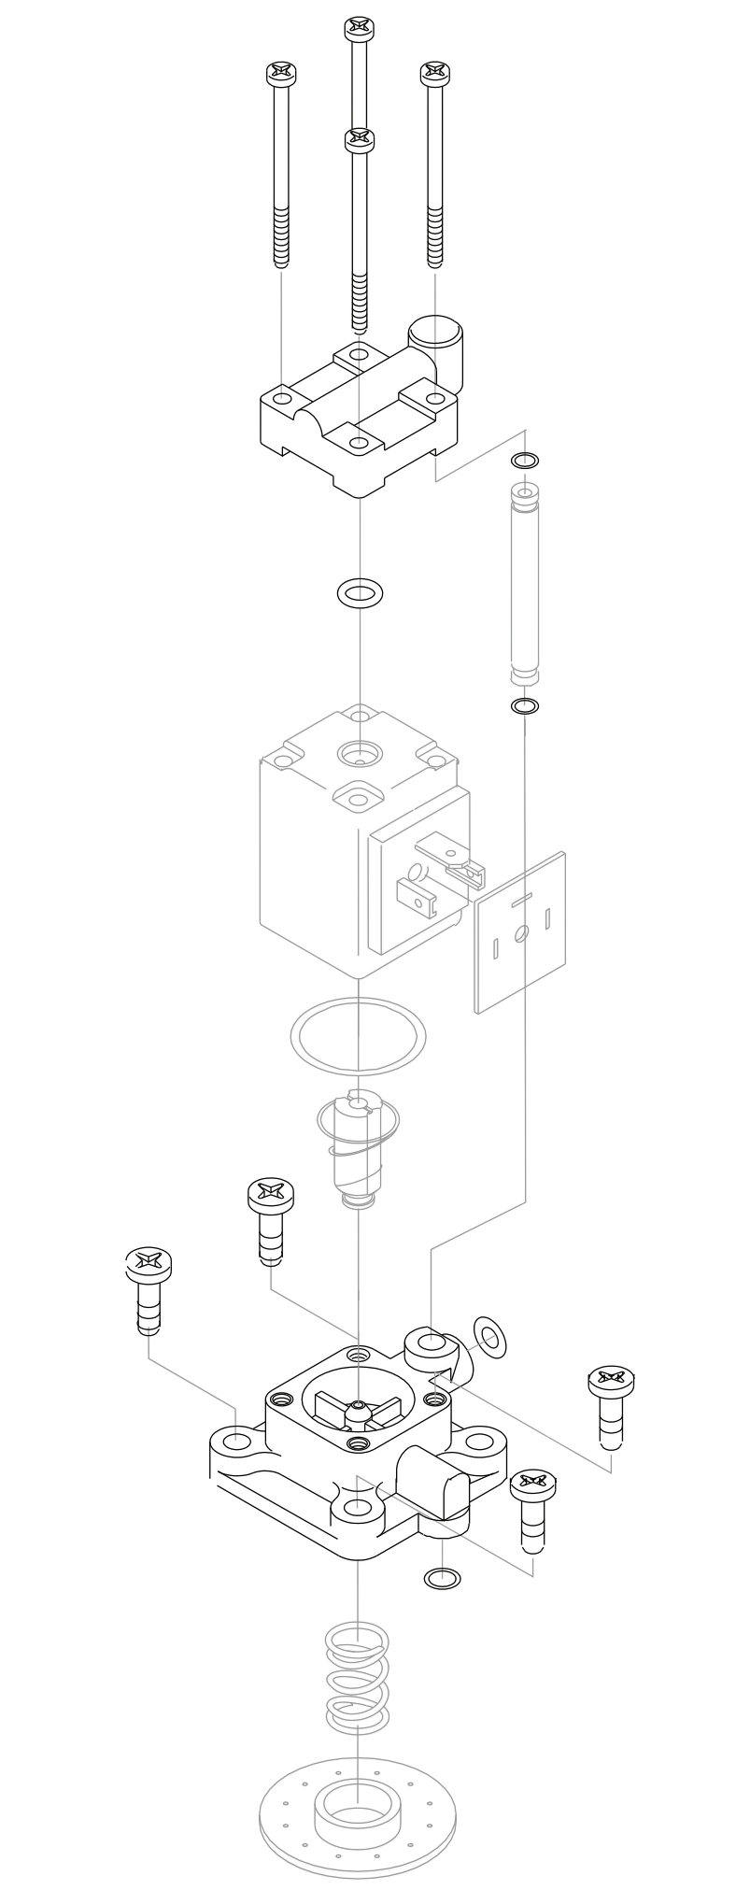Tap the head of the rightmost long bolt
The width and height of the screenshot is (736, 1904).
(434, 74)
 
